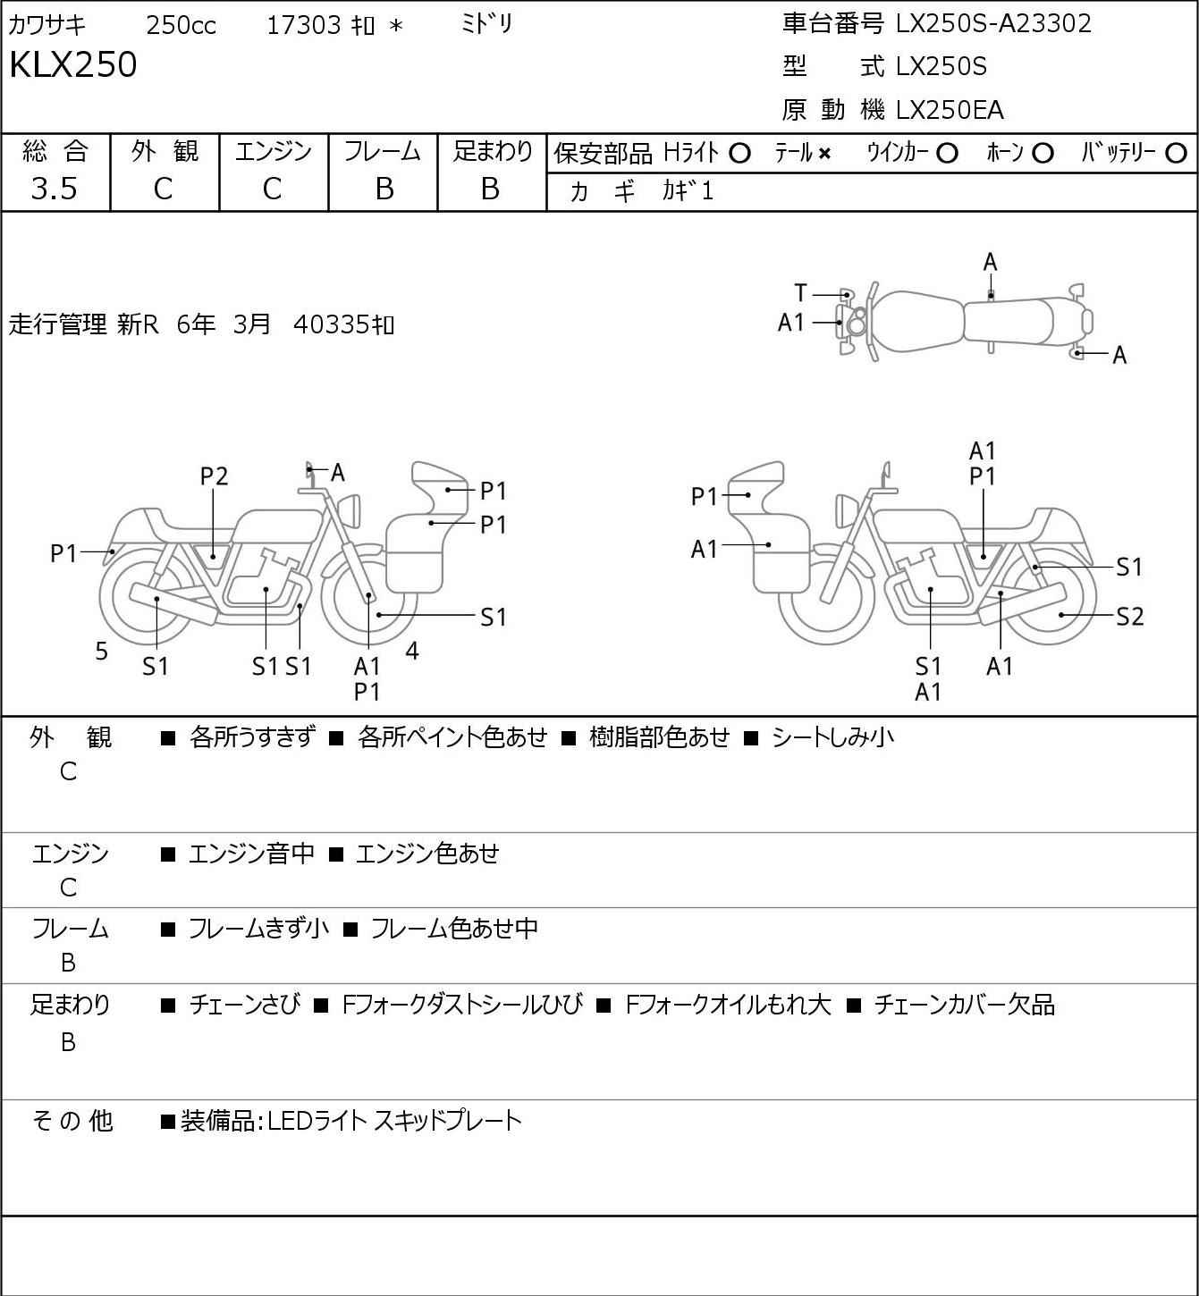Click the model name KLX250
tap(73, 64)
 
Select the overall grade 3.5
tap(55, 189)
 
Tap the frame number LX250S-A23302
tap(993, 24)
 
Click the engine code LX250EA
tap(950, 110)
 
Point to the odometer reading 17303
tap(304, 25)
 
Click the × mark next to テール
tap(824, 154)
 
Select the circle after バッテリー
tap(1176, 154)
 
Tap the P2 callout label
tap(214, 476)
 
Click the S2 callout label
tap(1130, 616)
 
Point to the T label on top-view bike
tap(800, 293)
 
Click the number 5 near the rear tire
tap(101, 651)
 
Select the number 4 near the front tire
tap(412, 650)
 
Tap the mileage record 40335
tap(331, 324)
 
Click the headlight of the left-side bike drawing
tap(350, 511)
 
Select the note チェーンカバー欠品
tap(965, 1005)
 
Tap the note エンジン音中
tap(251, 854)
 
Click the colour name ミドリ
tap(486, 25)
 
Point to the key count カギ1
tap(688, 191)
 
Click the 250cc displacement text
tap(181, 25)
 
